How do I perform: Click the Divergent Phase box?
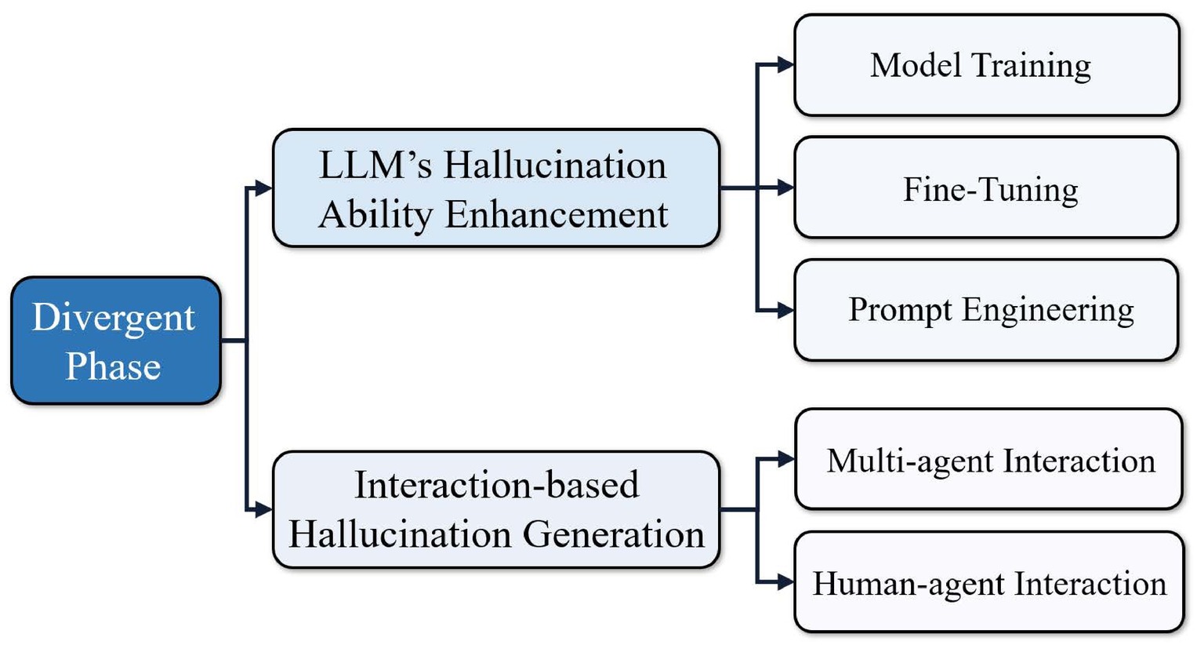point(116,340)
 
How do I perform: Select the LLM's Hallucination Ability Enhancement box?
point(496,188)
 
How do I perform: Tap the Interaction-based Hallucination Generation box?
point(496,510)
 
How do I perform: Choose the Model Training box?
point(987,64)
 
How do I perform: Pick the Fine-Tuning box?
point(986,188)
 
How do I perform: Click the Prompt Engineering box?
point(986,310)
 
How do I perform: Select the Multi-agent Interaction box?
point(988,459)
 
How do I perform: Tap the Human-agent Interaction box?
point(989,582)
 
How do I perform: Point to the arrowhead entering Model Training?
point(786,64)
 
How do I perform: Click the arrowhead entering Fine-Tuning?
point(786,188)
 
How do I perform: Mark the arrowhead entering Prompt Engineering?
point(786,310)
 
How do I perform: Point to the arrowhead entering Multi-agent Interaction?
point(786,459)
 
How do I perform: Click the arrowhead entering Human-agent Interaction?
point(786,582)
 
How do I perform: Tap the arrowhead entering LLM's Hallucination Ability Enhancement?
point(264,188)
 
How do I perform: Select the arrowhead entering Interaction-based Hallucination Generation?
point(264,510)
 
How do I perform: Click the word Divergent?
point(114,319)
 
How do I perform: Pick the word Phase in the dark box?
point(114,366)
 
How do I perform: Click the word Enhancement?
point(557,215)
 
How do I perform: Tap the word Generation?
point(614,534)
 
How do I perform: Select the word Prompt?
point(900,310)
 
